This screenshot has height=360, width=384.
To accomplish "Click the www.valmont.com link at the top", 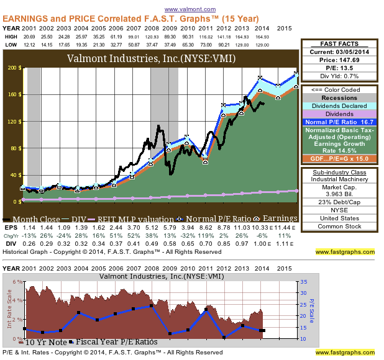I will [x=190, y=9].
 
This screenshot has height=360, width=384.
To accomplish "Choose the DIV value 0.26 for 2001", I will [x=27, y=244].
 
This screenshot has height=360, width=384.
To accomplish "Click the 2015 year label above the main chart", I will [x=285, y=29].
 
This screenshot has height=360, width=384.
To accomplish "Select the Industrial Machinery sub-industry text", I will [x=339, y=179].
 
